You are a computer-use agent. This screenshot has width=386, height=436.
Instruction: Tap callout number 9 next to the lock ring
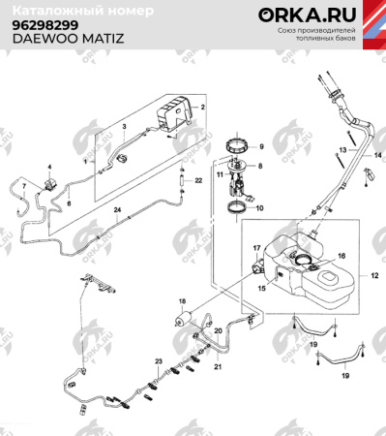coord(259,146)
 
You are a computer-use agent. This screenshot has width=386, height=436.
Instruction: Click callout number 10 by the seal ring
coord(259,206)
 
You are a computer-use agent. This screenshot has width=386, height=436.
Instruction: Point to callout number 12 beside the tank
coord(372,277)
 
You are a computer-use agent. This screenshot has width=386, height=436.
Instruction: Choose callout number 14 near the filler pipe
coord(378,155)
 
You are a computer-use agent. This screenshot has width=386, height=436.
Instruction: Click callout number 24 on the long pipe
coord(117,210)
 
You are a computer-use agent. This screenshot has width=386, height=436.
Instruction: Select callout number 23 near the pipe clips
coord(158,360)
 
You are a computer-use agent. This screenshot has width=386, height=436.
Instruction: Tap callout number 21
coord(217,367)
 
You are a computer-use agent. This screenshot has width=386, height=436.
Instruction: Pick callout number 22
coord(197,180)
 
